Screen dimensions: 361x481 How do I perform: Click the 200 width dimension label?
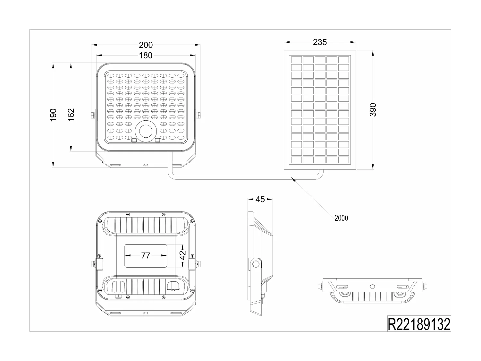pos(146,45)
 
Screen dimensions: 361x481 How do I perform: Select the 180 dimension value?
pos(146,56)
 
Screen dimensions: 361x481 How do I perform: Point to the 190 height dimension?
pos(53,115)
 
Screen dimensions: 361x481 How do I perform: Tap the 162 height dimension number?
pos(71,115)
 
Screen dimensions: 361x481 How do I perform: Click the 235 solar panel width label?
pos(320,42)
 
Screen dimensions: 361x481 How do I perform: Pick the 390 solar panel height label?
pos(373,110)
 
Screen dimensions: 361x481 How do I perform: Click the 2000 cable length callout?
pos(341,218)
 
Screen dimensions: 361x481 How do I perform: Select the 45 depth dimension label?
pos(260,199)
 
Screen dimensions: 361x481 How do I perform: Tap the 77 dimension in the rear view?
pos(146,255)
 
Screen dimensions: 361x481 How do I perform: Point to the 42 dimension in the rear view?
pos(182,255)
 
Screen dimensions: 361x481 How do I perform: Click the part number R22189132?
pos(419,324)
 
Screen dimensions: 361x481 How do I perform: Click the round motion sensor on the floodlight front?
pos(146,132)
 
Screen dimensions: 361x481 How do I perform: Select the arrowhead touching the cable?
pos(293,179)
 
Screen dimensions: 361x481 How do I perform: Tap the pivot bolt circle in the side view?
pos(256,264)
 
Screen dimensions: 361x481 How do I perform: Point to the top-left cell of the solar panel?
pos(296,60)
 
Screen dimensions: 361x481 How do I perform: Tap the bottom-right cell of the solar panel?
pos(343,160)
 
